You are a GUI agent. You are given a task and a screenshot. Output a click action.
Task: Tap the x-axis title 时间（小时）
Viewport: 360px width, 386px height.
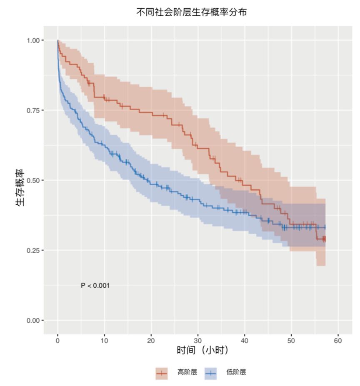[202, 351]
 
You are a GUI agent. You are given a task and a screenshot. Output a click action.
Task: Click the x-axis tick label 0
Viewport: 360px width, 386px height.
[57, 341]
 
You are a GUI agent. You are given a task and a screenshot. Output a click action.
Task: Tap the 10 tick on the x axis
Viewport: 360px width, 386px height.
[104, 341]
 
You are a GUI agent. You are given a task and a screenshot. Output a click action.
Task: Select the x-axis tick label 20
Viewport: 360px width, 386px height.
[151, 341]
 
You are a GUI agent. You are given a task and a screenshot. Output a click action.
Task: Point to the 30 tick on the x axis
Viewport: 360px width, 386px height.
[198, 341]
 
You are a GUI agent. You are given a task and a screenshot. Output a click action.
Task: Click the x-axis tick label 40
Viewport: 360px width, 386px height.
[245, 341]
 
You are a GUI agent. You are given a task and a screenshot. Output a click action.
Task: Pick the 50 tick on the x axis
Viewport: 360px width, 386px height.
[292, 341]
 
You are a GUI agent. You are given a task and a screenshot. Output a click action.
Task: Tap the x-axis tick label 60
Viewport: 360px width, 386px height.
[338, 341]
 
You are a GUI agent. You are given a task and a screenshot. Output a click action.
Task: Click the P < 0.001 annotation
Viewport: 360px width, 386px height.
[95, 286]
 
